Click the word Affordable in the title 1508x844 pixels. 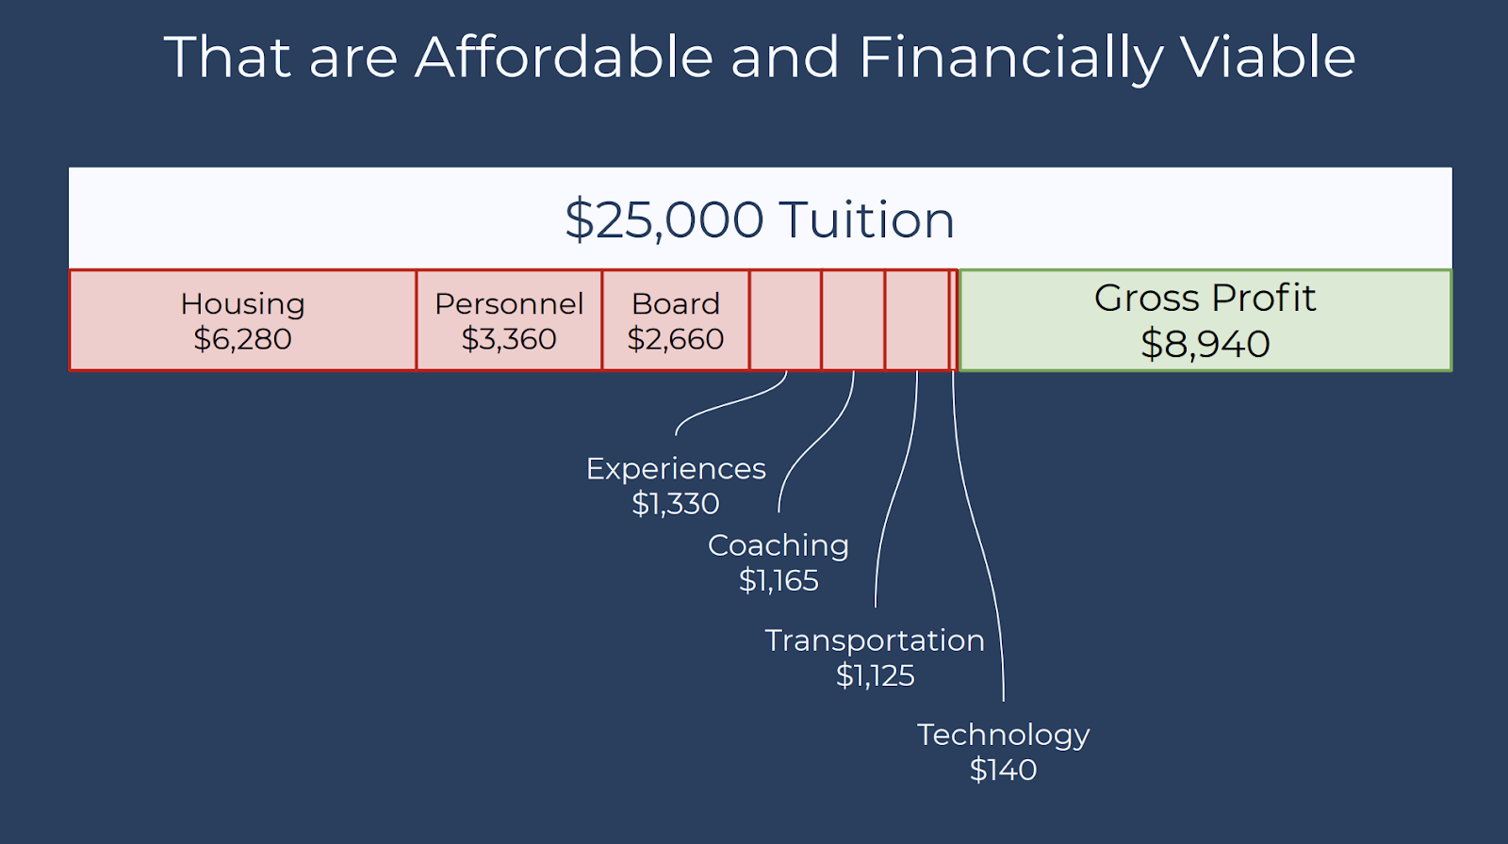click(564, 57)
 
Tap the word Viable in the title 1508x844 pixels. click(1268, 57)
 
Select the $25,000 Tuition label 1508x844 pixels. click(760, 219)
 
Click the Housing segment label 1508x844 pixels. click(242, 303)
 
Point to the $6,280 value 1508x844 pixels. click(242, 338)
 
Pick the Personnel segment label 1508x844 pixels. click(509, 303)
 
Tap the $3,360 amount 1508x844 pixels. click(509, 338)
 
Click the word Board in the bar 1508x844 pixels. click(676, 303)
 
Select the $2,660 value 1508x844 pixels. click(676, 338)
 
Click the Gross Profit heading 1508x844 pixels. click(1205, 298)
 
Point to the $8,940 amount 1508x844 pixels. click(1205, 343)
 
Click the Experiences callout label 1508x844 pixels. click(676, 468)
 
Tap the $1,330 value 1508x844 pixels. click(676, 503)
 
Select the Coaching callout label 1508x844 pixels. click(779, 545)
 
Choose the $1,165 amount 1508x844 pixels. click(779, 580)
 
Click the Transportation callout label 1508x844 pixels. click(876, 641)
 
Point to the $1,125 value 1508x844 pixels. click(876, 675)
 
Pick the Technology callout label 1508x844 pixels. click(1003, 735)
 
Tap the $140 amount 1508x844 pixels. click(1003, 770)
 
